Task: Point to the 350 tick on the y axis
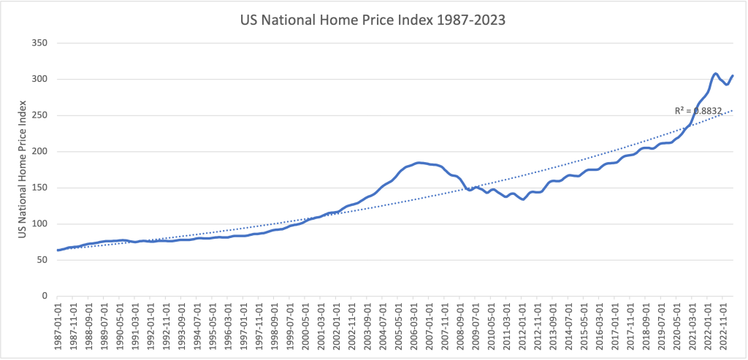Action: click(38, 43)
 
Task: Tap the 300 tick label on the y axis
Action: click(38, 80)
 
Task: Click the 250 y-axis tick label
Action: click(38, 115)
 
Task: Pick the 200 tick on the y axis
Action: click(38, 152)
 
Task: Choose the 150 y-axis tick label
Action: click(38, 188)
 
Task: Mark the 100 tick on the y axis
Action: click(38, 224)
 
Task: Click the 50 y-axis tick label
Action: click(40, 260)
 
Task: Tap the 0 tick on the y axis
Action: click(43, 296)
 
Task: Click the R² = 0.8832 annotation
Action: click(698, 111)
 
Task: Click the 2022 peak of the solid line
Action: click(716, 74)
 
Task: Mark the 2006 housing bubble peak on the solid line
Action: click(419, 162)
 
